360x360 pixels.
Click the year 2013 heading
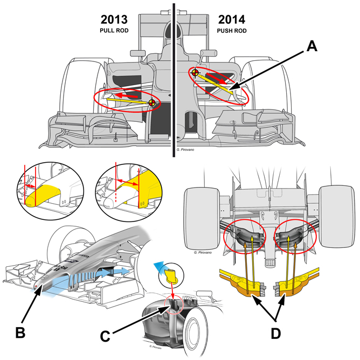pyautogui.click(x=114, y=19)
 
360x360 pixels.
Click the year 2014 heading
pyautogui.click(x=232, y=19)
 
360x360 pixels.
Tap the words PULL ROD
pyautogui.click(x=114, y=31)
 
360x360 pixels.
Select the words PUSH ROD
pyautogui.click(x=232, y=31)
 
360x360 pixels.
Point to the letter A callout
pyautogui.click(x=312, y=46)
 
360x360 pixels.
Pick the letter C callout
pyautogui.click(x=105, y=336)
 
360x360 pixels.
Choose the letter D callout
pyautogui.click(x=276, y=334)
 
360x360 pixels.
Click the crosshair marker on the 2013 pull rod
pyautogui.click(x=152, y=103)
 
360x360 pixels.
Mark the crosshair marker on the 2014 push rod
pyautogui.click(x=195, y=73)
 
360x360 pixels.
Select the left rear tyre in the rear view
pyautogui.click(x=202, y=218)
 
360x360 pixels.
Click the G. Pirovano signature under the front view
pyautogui.click(x=185, y=150)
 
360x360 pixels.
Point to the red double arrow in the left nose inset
pyautogui.click(x=30, y=186)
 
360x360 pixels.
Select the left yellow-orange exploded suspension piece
pyautogui.click(x=244, y=281)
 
